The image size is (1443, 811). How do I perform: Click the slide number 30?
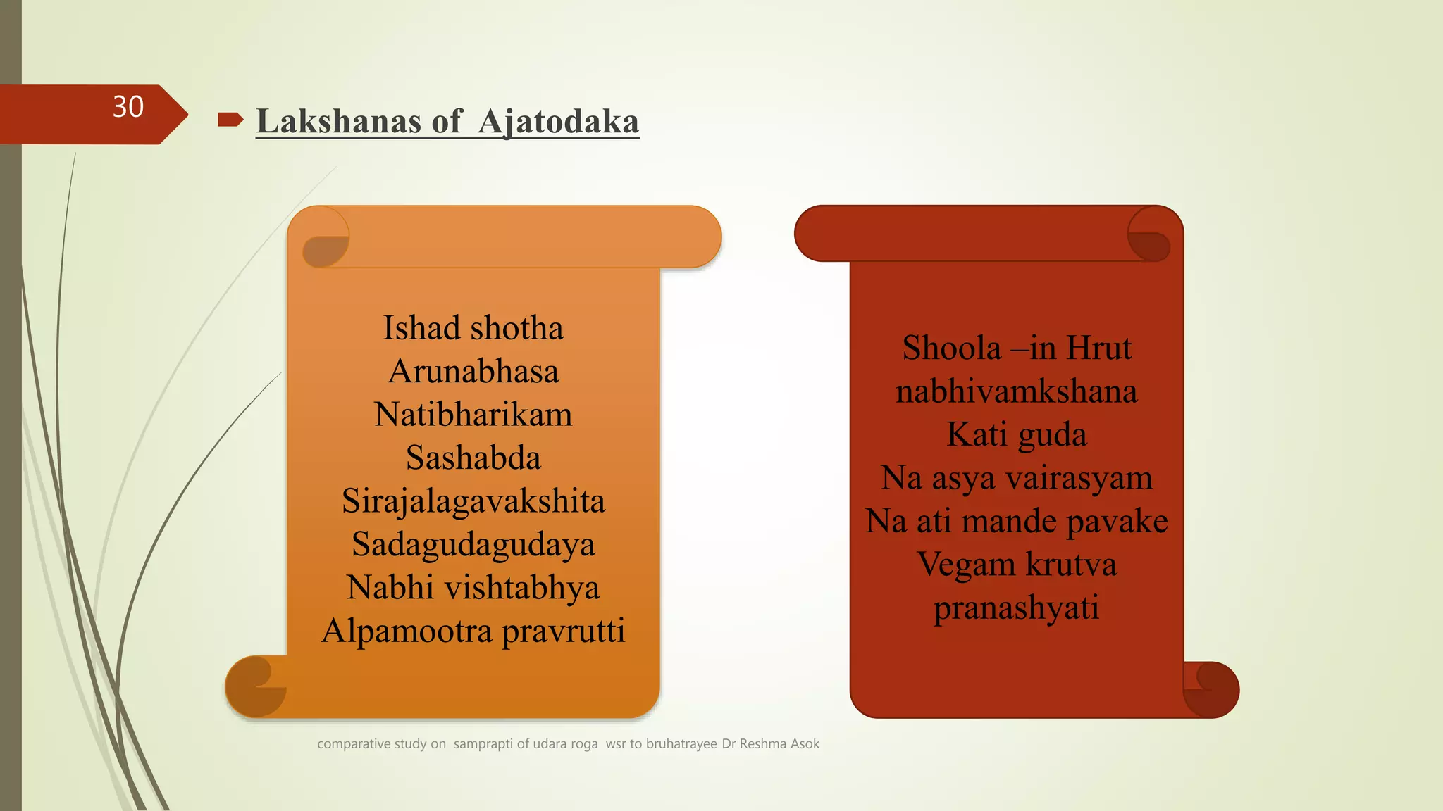point(128,107)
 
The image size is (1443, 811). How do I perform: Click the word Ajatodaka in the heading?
point(558,121)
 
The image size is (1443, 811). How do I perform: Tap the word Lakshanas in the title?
point(339,121)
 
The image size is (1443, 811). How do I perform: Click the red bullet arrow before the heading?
point(230,120)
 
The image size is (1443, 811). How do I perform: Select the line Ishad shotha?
point(473,328)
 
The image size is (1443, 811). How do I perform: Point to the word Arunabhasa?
point(473,371)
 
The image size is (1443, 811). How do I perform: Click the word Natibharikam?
point(473,414)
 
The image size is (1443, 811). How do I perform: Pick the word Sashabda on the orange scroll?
point(473,458)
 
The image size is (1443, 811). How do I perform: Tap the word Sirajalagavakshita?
point(473,501)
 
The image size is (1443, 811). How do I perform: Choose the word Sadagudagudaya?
point(473,544)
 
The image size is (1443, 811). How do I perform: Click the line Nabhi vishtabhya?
point(473,587)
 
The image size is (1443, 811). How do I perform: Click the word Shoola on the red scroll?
point(952,348)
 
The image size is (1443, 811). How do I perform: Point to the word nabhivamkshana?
point(1016,391)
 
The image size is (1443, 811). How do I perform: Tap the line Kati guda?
point(1016,434)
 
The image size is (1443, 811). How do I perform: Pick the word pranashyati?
point(1016,608)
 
